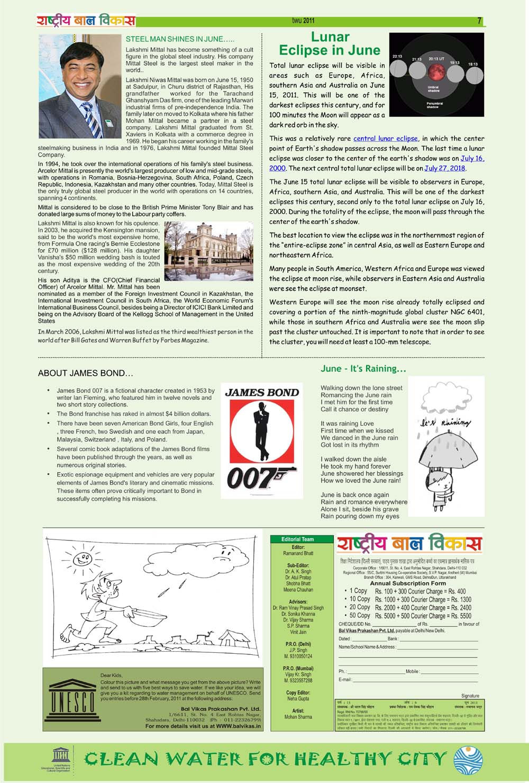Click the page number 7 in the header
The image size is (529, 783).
pyautogui.click(x=479, y=21)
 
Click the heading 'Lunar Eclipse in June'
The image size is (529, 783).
pyautogui.click(x=330, y=44)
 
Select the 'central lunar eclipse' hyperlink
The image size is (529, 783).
pyautogui.click(x=385, y=139)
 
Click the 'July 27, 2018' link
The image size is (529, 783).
pyautogui.click(x=444, y=168)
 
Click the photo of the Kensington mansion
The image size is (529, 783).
pyautogui.click(x=208, y=251)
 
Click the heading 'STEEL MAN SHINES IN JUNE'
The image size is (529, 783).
pyautogui.click(x=180, y=39)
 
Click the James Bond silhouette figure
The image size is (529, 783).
pyautogui.click(x=261, y=431)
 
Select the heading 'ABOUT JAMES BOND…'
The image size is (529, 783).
pyautogui.click(x=85, y=374)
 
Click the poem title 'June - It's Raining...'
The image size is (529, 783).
pyautogui.click(x=363, y=368)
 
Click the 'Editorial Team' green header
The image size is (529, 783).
pyautogui.click(x=297, y=539)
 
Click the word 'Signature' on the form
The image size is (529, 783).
pyautogui.click(x=470, y=696)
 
